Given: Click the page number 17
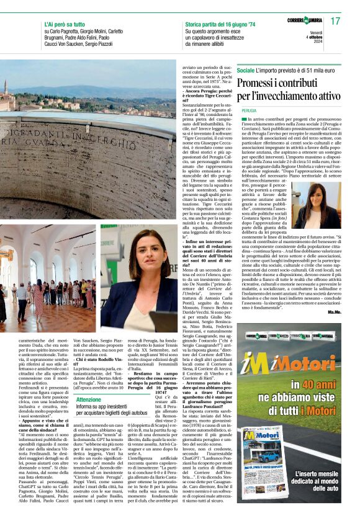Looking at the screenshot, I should coord(336,21).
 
